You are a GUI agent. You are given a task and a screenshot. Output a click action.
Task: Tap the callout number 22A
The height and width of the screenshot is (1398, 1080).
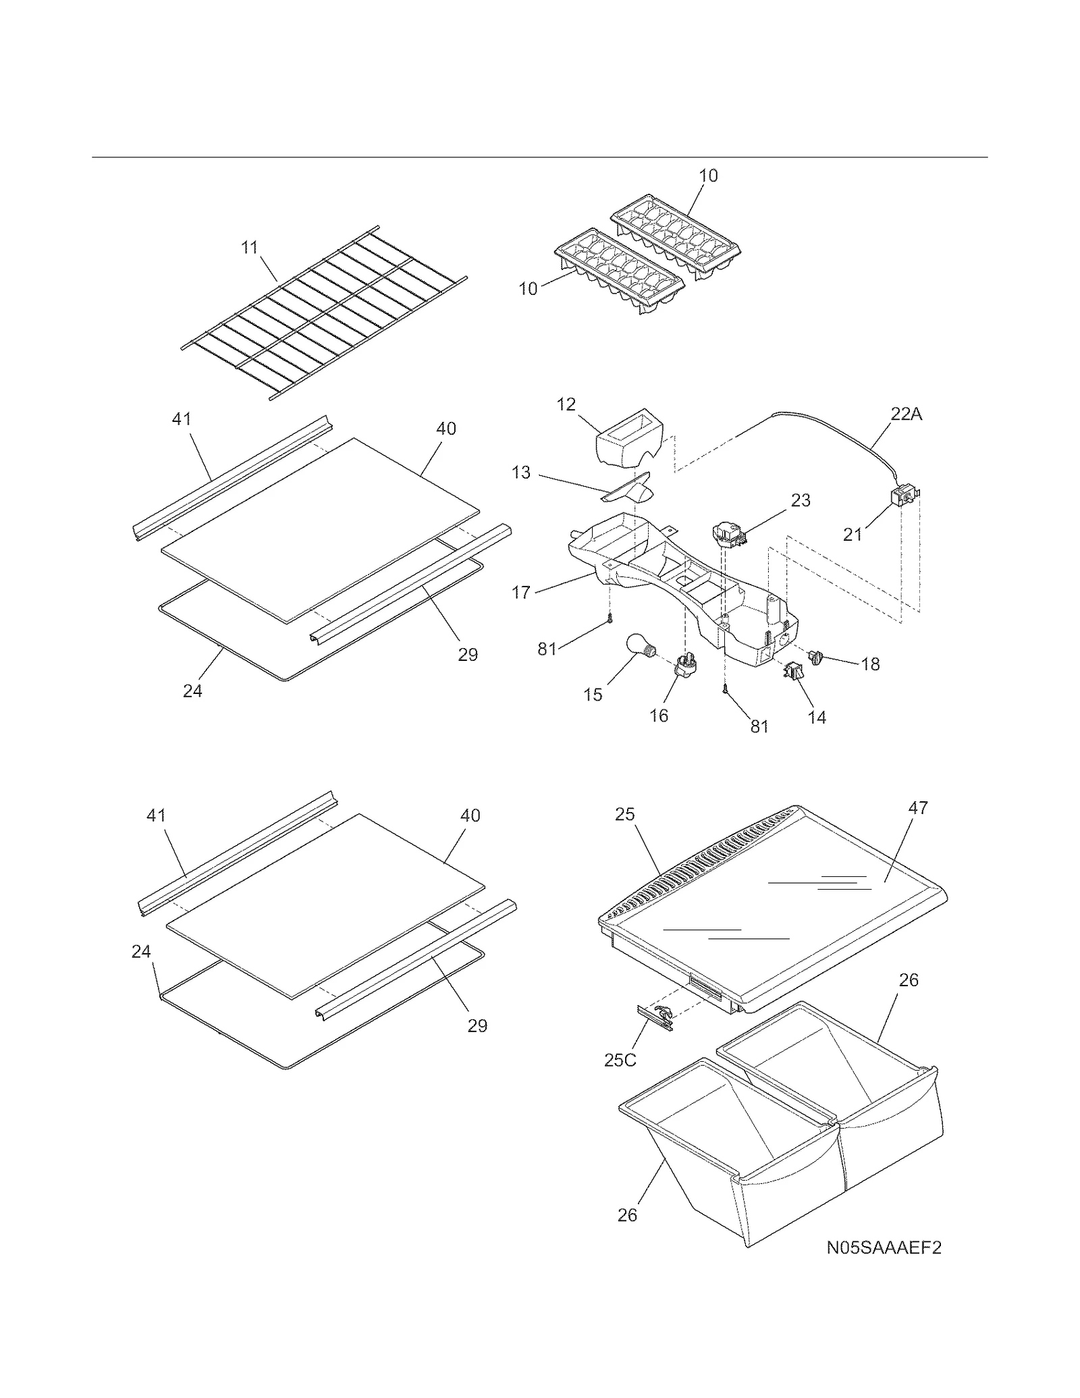tap(906, 414)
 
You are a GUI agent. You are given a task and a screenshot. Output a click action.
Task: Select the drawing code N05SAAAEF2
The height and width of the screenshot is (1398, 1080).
tap(884, 1247)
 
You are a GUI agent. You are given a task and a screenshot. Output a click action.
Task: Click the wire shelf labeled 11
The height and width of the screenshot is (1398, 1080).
tap(324, 311)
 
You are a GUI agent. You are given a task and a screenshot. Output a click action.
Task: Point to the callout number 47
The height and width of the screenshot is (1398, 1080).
tap(918, 807)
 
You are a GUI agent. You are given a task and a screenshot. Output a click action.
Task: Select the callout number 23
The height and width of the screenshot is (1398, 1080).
tap(801, 500)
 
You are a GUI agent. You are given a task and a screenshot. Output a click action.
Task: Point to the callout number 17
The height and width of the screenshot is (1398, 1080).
tap(521, 593)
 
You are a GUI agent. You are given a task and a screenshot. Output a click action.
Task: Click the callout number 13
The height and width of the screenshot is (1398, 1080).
tap(521, 473)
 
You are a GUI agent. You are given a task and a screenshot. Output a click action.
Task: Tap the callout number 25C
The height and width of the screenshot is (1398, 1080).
tap(620, 1060)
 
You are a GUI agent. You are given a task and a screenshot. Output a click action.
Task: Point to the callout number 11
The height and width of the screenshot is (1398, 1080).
tap(250, 248)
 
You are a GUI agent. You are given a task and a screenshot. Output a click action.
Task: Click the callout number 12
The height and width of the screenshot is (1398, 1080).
tap(566, 404)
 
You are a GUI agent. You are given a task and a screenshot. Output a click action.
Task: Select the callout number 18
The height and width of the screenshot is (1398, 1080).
tap(870, 664)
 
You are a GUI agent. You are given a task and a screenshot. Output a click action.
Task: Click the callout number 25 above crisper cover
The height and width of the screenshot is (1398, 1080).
tap(624, 814)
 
